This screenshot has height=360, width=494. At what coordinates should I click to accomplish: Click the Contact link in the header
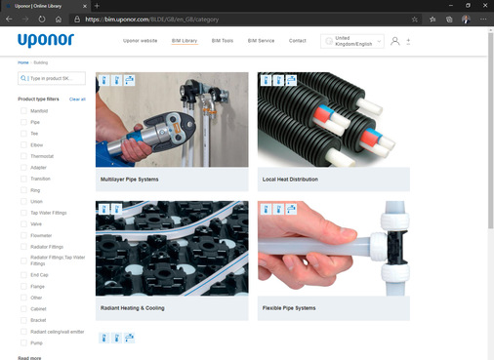pos(297,41)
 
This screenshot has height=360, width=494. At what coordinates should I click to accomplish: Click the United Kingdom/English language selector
pos(350,41)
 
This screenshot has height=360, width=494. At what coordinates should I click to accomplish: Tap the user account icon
pos(394,41)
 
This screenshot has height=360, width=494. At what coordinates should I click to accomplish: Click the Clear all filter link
pos(77,99)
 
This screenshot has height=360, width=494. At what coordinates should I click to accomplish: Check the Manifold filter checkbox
pos(24,111)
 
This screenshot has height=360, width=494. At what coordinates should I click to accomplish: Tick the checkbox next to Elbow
pos(24,144)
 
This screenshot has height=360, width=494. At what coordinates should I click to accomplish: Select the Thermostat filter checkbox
pos(24,156)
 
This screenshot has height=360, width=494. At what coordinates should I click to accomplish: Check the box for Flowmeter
pos(24,234)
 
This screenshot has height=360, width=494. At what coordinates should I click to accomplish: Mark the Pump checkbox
pos(24,342)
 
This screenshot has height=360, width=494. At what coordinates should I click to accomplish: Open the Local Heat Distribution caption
pos(290,180)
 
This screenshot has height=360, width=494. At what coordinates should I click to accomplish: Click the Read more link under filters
pos(29,357)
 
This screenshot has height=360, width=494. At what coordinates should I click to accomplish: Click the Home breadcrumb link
pos(22,62)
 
